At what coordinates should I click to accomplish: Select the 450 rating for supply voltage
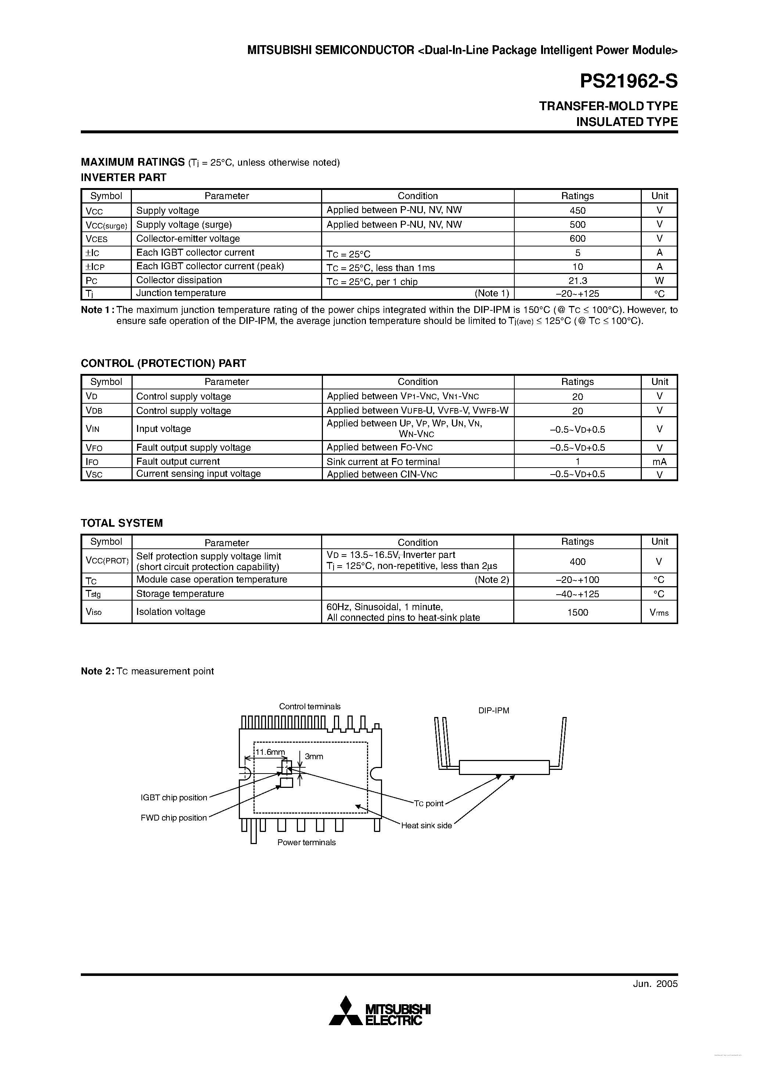point(578,210)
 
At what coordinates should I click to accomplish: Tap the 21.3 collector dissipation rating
point(578,281)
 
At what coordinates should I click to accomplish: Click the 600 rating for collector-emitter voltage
point(578,238)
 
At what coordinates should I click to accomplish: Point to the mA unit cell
point(659,462)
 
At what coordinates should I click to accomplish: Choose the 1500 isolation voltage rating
point(578,612)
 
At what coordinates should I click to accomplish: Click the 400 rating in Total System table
point(578,561)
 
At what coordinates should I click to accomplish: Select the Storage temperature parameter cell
point(180,594)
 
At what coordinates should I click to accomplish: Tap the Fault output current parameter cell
point(178,462)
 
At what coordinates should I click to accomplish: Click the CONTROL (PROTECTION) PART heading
point(163,364)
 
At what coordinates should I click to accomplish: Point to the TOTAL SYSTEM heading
point(122,523)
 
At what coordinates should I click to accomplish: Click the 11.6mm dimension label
point(270,752)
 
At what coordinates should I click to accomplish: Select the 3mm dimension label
point(314,756)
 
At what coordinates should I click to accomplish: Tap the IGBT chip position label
point(174,797)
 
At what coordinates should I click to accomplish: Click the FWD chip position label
point(174,818)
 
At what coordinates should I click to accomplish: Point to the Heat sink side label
point(426,826)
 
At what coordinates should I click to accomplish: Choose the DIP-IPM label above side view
point(494,710)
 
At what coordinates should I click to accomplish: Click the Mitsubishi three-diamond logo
point(346,1011)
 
